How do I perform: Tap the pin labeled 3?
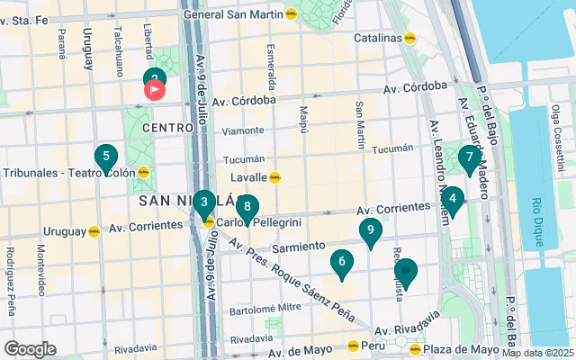pyautogui.click(x=204, y=202)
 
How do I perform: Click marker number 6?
pyautogui.click(x=341, y=263)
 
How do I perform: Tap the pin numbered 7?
pyautogui.click(x=468, y=158)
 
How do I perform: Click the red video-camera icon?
pyautogui.click(x=155, y=90)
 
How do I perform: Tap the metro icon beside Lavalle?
pyautogui.click(x=275, y=177)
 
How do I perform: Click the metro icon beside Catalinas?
pyautogui.click(x=409, y=38)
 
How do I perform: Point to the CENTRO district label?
pyautogui.click(x=162, y=128)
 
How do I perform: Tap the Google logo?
pyautogui.click(x=30, y=348)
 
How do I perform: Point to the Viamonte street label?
pyautogui.click(x=242, y=130)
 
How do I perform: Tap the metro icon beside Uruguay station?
pyautogui.click(x=94, y=231)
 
